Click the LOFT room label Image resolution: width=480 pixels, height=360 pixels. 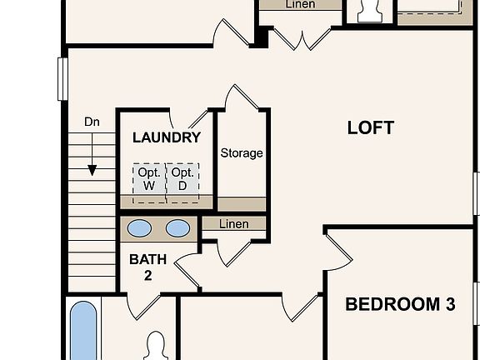pos(370,127)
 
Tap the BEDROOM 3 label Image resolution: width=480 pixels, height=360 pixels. pos(400,304)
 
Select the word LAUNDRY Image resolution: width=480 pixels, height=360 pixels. pos(167,137)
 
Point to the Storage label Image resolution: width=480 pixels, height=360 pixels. pos(242,153)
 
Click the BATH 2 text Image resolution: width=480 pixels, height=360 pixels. pos(147,267)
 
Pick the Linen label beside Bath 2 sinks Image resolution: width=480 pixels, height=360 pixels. pos(234,224)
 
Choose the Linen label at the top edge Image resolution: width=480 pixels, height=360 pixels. pos(300,5)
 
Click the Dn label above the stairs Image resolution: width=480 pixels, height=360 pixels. pos(92,122)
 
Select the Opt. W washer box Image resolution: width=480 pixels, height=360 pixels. pos(149,179)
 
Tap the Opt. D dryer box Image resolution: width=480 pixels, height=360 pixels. pos(182,179)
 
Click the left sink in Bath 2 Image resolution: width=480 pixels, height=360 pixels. pos(140,228)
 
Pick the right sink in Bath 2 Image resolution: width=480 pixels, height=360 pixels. pos(177,228)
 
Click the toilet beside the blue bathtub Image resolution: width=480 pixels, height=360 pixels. pos(156,346)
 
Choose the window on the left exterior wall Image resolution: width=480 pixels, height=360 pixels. pos(62,79)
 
